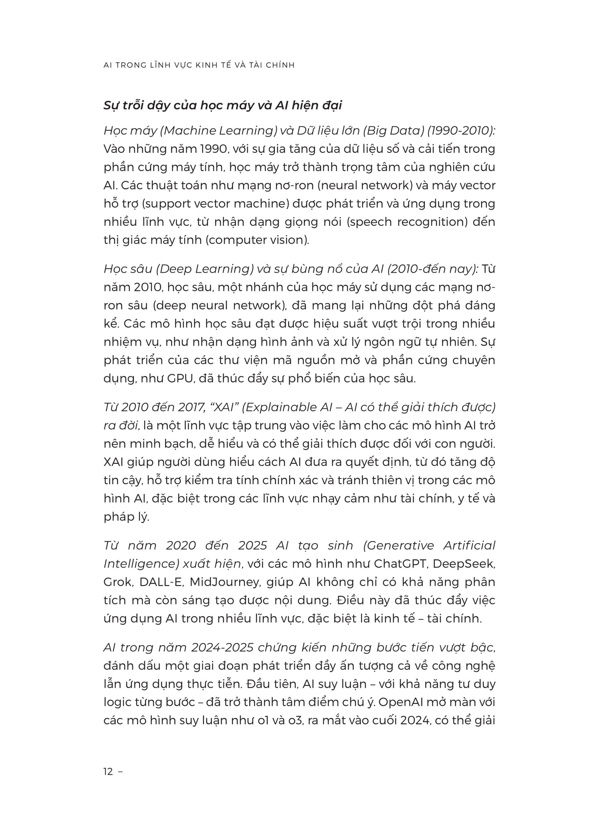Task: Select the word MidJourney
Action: [225, 582]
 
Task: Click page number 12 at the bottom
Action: [108, 772]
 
